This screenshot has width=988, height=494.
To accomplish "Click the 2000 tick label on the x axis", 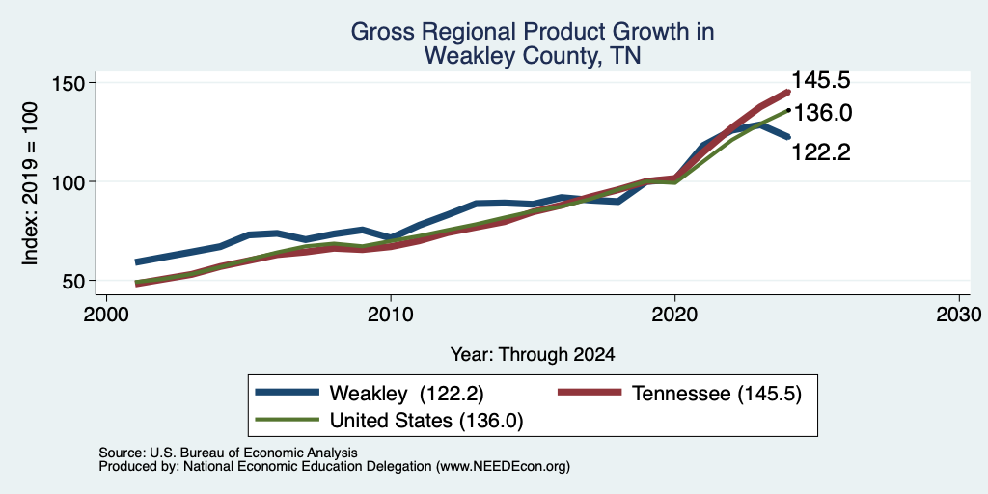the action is coord(106,314).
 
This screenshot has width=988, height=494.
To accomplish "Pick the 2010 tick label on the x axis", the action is coord(391,314).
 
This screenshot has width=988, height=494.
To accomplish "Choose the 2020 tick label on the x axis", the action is coord(674,314).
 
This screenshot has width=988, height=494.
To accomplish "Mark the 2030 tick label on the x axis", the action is coord(959,314).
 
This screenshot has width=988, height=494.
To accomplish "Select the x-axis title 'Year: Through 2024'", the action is coord(533,355).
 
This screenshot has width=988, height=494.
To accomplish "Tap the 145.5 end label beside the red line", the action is coord(821,80).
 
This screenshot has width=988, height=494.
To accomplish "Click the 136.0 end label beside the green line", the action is coord(822,114).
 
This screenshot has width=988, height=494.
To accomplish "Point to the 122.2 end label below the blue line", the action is coord(820,151).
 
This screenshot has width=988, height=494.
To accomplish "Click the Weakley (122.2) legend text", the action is coord(407,394).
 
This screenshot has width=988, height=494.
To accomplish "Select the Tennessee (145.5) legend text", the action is coord(717,394).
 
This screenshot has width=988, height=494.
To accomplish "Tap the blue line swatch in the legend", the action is coord(288,392).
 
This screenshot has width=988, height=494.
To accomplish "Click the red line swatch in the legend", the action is coord(590,392).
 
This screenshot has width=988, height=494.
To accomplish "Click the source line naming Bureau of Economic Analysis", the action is coord(228,453).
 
